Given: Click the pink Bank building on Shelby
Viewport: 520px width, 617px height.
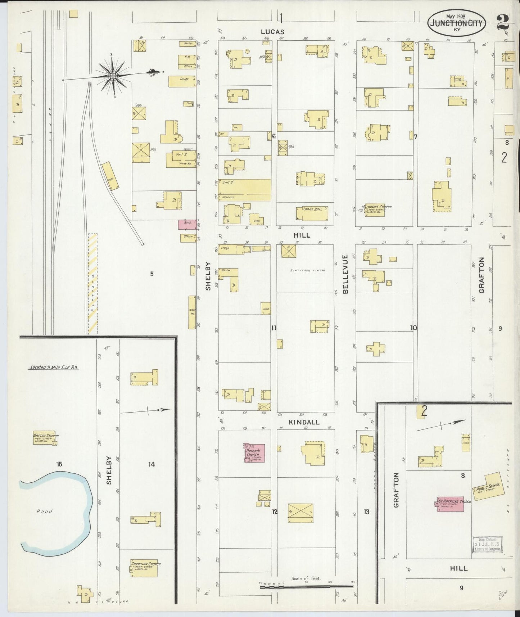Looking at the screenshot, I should point(187,224).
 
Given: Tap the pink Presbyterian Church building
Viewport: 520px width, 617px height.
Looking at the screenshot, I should point(254,453).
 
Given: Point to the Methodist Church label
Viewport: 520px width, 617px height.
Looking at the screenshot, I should point(377,207).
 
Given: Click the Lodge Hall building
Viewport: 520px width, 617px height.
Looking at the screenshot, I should point(312,213).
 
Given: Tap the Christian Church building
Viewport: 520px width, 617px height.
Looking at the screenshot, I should point(144,568).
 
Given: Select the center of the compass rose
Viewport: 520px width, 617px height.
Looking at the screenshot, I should point(113,76).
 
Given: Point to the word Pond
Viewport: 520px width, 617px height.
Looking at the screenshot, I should point(44,511).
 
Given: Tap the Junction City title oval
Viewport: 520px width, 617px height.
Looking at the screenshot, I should point(457,23).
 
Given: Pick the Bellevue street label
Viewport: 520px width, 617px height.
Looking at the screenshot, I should point(345,274).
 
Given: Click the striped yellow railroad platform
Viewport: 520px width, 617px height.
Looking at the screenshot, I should point(92,284).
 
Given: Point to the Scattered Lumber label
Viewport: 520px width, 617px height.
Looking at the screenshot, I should point(307,270).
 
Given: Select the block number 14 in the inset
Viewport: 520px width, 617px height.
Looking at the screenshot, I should point(152,464).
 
